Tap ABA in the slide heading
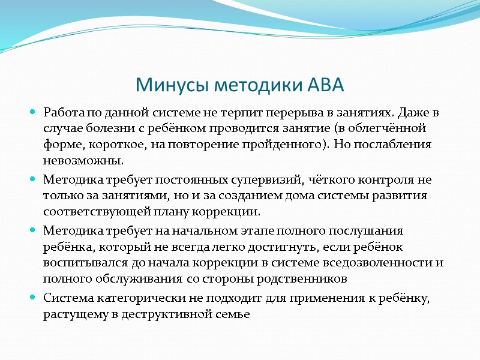(325, 85)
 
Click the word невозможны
(83, 161)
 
